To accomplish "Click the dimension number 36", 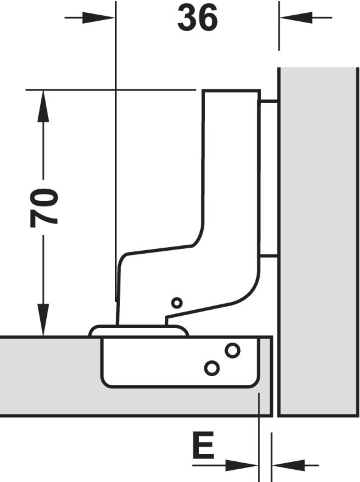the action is point(198,18).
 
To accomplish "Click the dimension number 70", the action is point(44,208).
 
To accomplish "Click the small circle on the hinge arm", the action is point(176,303).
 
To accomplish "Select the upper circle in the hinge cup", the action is point(232,350).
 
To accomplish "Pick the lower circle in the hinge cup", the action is point(212,368).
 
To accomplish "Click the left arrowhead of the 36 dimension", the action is point(99,18).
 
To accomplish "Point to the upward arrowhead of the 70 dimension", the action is point(43,106).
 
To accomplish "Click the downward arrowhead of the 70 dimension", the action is point(43,320).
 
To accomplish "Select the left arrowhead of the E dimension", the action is point(241,466).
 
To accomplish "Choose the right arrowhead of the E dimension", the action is point(288,466).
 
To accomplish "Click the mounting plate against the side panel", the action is point(269,178).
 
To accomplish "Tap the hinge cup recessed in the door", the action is point(179,362).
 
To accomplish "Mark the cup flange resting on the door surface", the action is point(138,330).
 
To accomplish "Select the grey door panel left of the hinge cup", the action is point(50,377).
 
